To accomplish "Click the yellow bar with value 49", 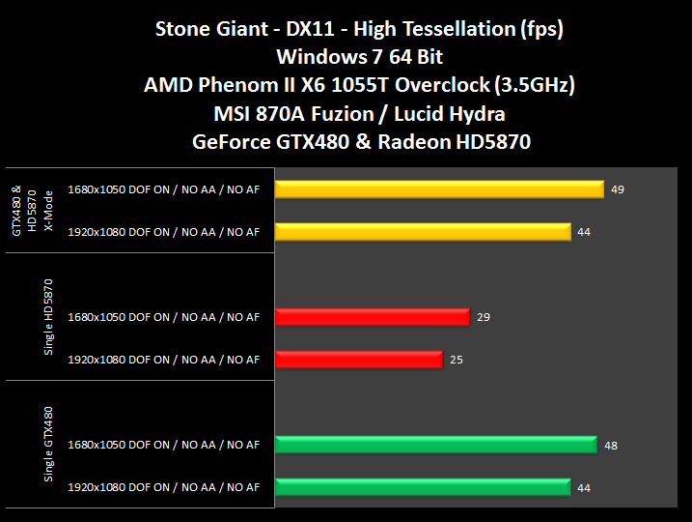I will [439, 188].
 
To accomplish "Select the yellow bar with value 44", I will [423, 231].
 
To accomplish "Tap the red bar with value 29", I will [372, 316].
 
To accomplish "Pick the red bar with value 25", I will [358, 360].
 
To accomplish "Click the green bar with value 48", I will [436, 445].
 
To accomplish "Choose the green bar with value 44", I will [423, 487].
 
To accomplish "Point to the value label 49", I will [618, 188].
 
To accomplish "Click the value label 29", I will [484, 316].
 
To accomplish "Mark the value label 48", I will [611, 445].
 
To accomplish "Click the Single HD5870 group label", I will [48, 317].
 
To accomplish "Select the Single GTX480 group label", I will [48, 445].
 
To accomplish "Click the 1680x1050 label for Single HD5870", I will [163, 317].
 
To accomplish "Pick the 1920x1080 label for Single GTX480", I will [163, 488].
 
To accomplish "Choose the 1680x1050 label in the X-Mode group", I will [163, 188].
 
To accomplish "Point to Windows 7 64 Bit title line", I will [346, 57].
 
